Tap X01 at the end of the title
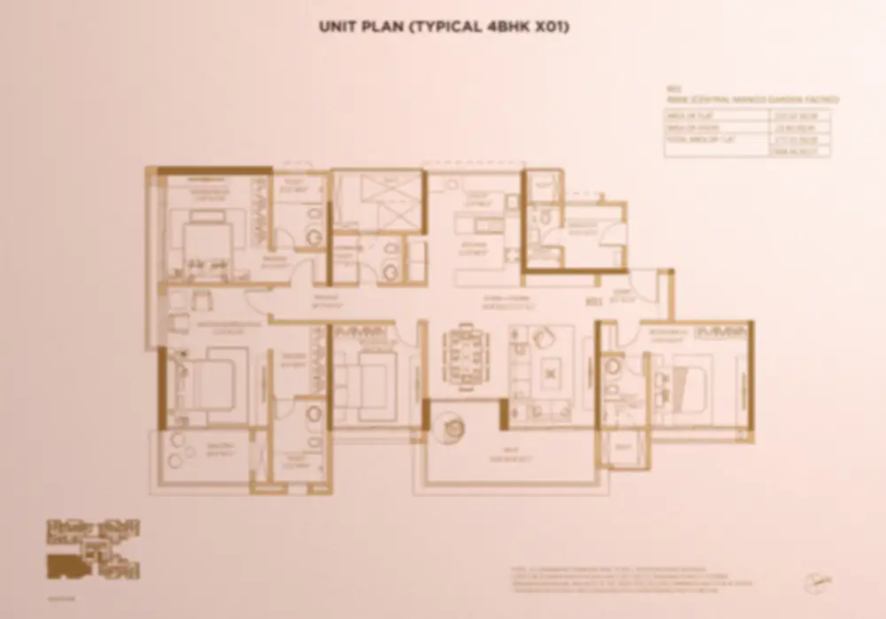(x=549, y=27)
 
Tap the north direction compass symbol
(x=816, y=582)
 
